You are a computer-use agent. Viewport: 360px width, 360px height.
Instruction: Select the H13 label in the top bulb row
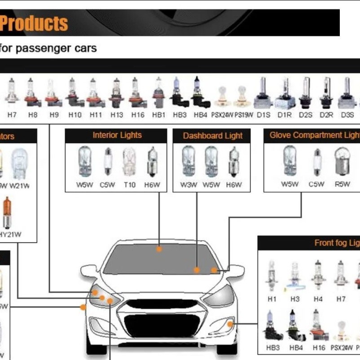(x=117, y=115)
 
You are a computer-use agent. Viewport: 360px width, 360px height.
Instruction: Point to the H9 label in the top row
(x=54, y=115)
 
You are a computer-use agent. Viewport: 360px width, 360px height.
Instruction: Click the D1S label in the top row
(x=263, y=115)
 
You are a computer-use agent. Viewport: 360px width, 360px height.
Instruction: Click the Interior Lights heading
(x=117, y=135)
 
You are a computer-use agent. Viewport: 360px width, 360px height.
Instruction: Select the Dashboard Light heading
(x=213, y=136)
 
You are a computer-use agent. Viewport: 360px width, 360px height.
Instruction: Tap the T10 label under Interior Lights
(x=129, y=184)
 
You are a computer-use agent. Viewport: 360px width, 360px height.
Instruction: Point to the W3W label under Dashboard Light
(x=188, y=184)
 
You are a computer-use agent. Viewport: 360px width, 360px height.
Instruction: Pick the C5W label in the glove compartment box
(x=316, y=184)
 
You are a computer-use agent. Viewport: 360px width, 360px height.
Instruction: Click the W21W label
(x=19, y=185)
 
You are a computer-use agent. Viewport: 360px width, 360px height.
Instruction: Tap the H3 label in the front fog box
(x=294, y=299)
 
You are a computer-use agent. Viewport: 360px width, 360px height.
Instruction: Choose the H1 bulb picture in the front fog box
(x=271, y=274)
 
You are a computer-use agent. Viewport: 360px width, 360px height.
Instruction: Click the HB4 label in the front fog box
(x=295, y=347)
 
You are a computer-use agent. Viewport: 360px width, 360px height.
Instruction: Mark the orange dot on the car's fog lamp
(x=230, y=323)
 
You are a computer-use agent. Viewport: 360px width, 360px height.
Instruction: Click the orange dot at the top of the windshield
(x=159, y=249)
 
